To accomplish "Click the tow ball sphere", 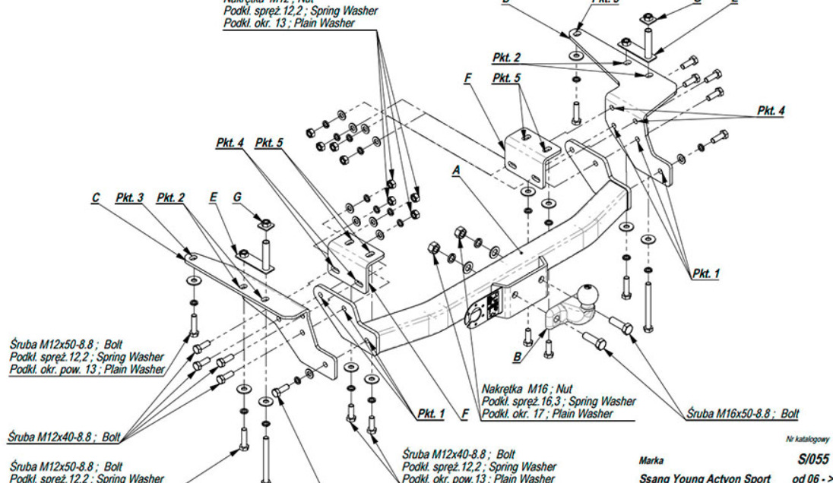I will [x=588, y=295].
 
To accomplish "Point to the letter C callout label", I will [x=96, y=198].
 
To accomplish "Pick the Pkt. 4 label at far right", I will [x=771, y=110].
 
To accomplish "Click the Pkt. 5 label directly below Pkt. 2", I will [x=506, y=78].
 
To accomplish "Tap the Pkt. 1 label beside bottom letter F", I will [x=430, y=414].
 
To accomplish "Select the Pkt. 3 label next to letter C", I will [x=129, y=198].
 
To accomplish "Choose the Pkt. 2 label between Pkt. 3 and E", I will [x=170, y=198].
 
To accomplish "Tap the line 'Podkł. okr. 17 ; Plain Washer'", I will [x=546, y=414].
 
